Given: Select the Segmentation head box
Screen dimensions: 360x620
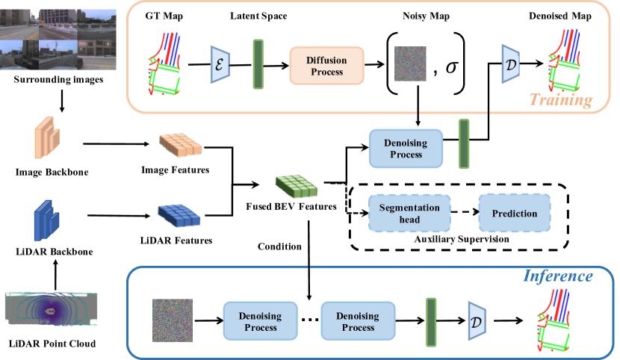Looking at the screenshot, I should (x=405, y=213).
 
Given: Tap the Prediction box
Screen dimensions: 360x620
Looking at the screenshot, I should (x=514, y=213).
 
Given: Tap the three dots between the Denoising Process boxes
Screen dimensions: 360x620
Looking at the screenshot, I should (x=309, y=320).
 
